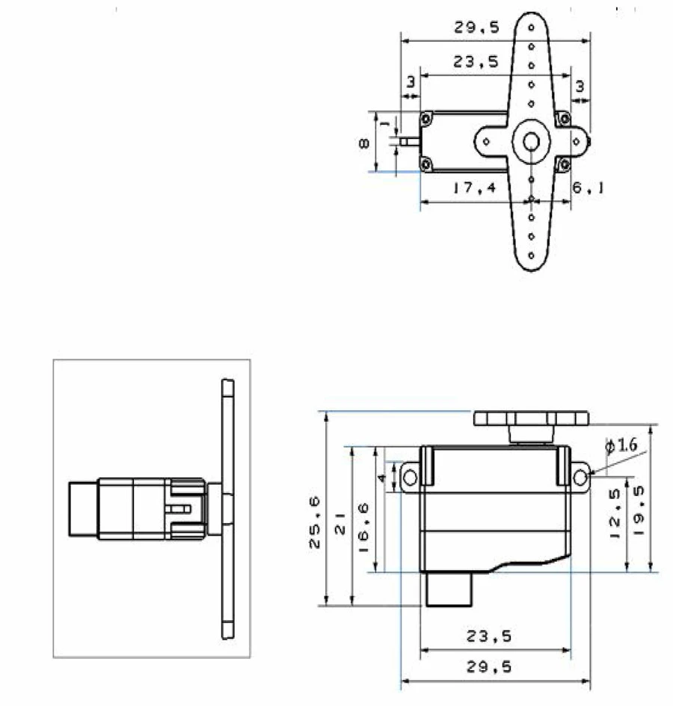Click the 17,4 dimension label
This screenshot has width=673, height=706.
[473, 188]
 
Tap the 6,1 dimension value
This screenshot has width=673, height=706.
[588, 188]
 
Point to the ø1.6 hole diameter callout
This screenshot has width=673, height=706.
[621, 446]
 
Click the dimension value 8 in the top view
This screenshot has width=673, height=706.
[363, 143]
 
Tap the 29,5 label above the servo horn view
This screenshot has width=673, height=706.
[476, 28]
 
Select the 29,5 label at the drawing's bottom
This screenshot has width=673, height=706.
[490, 668]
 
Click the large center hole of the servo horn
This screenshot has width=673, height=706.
[531, 140]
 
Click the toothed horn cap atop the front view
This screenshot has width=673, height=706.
[530, 418]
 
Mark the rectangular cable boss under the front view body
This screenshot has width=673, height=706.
[449, 589]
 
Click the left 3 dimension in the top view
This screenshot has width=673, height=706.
[410, 82]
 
